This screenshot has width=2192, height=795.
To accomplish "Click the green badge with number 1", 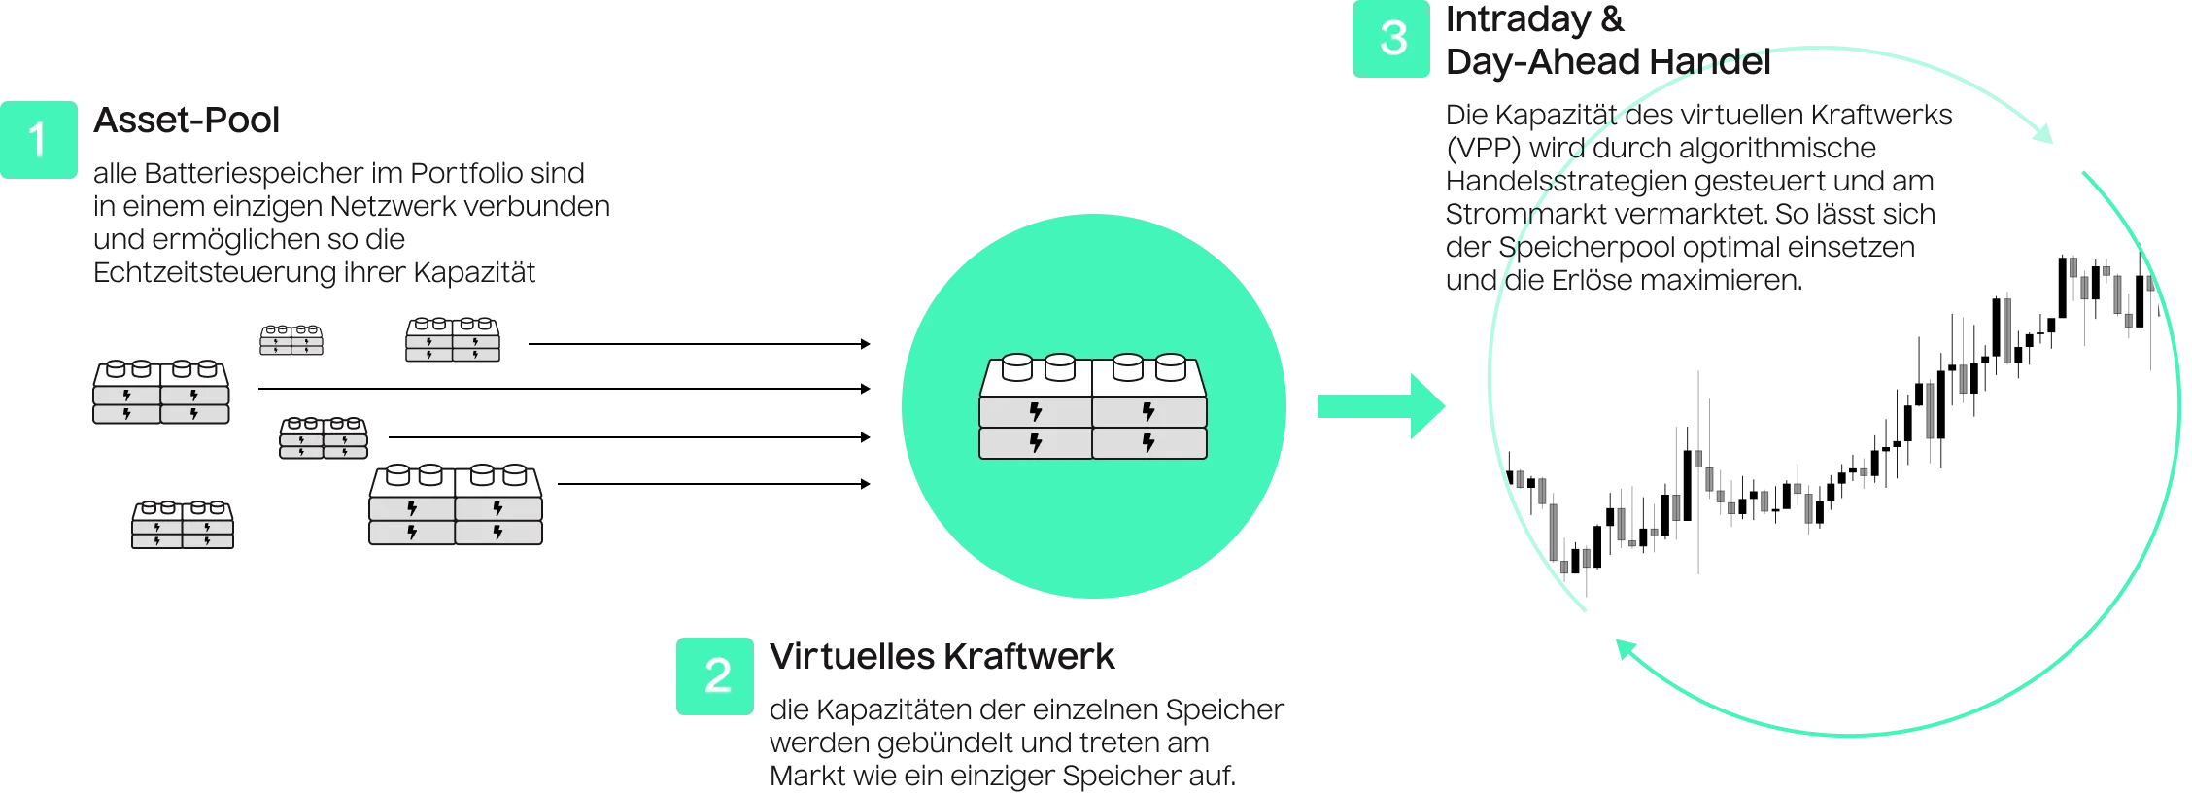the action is (x=38, y=139).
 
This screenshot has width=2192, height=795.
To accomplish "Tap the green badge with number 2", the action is (x=715, y=675).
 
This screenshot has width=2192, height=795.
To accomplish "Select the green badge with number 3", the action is (x=1391, y=39).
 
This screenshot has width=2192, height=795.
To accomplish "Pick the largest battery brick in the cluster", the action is (x=455, y=506).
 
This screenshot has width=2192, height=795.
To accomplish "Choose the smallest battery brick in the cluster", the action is (x=291, y=340).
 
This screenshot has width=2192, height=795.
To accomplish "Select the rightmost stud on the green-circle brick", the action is (x=1170, y=368).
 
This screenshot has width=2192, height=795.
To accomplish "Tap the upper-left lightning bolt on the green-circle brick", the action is (x=1035, y=411).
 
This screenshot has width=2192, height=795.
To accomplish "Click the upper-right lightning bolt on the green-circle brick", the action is (x=1148, y=411).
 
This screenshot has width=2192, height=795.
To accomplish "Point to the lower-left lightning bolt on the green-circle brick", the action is (x=1035, y=443).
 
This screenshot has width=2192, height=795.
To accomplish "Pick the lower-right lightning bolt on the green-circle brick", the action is (x=1148, y=443).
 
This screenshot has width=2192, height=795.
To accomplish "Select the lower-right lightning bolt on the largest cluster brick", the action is (x=497, y=532).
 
